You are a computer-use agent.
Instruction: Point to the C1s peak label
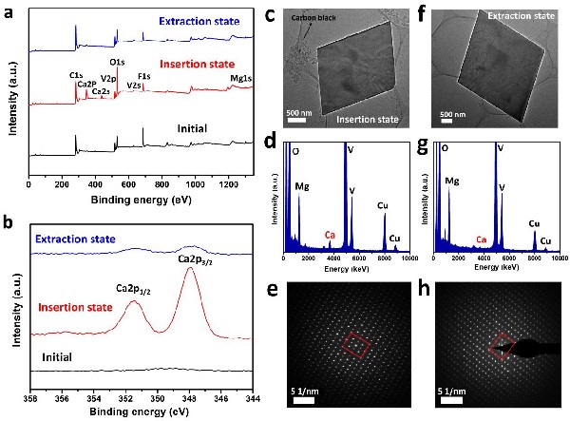tap(75, 73)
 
